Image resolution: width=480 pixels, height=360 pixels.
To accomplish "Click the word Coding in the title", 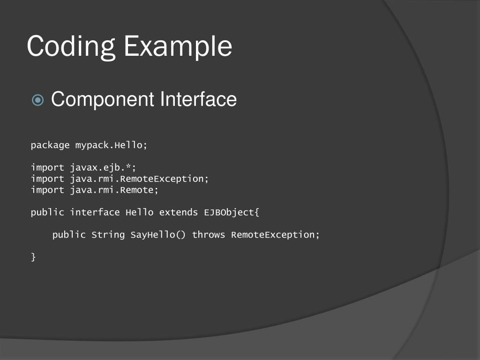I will pyautogui.click(x=71, y=47).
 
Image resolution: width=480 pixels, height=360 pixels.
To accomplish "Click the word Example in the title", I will pyautogui.click(x=178, y=47).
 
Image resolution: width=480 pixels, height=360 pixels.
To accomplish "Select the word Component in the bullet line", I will pyautogui.click(x=103, y=99).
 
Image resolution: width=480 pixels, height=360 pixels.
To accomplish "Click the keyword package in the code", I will pyautogui.click(x=50, y=145).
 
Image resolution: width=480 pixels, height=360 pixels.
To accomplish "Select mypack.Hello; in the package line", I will pyautogui.click(x=112, y=145).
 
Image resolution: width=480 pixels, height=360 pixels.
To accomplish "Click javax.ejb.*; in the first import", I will pyautogui.click(x=103, y=167).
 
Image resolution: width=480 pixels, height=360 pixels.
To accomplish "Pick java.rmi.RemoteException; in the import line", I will pyautogui.click(x=139, y=179).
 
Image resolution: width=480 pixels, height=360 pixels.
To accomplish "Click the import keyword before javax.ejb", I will pyautogui.click(x=47, y=167).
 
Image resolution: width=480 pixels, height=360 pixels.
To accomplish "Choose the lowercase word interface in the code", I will pyautogui.click(x=95, y=212).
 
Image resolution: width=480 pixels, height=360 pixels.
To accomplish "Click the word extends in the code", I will pyautogui.click(x=179, y=212).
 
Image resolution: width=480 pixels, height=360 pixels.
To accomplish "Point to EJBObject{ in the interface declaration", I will pyautogui.click(x=232, y=212).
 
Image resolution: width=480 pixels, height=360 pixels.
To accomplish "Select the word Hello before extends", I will pyautogui.click(x=139, y=212).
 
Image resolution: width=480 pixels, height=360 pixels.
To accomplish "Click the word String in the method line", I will pyautogui.click(x=108, y=235).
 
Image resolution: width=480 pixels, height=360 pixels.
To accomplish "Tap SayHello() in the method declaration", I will pyautogui.click(x=158, y=235).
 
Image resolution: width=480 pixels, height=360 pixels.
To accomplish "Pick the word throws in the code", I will pyautogui.click(x=209, y=235).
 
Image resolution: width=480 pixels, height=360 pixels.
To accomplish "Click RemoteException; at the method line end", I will pyautogui.click(x=276, y=235).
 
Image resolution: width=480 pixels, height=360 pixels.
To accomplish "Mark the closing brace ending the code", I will pyautogui.click(x=33, y=257).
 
